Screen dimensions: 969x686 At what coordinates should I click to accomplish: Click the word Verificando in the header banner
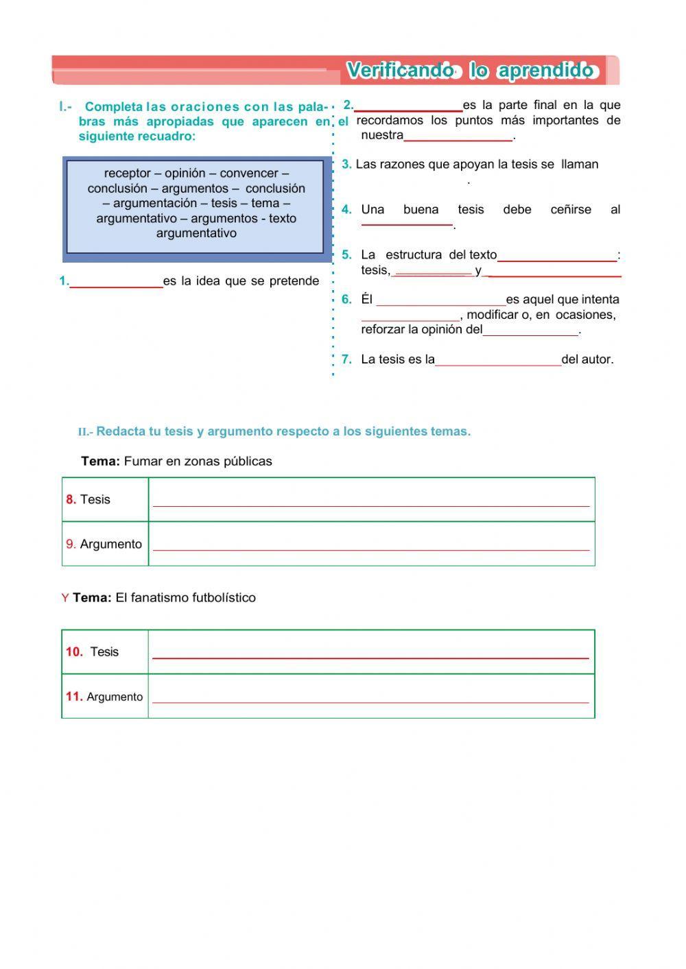click(x=400, y=71)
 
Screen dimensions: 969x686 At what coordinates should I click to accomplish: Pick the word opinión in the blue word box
click(x=185, y=174)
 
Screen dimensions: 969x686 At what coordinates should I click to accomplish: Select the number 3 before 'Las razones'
click(x=346, y=165)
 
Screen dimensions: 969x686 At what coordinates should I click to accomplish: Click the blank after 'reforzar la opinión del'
click(x=531, y=333)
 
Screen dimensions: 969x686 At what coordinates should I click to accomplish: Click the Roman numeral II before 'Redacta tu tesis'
click(x=83, y=432)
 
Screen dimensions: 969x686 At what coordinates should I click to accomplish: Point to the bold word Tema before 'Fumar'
click(x=100, y=462)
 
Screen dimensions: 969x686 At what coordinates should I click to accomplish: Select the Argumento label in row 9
click(x=110, y=545)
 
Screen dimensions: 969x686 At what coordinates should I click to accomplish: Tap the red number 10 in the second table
click(x=73, y=652)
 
